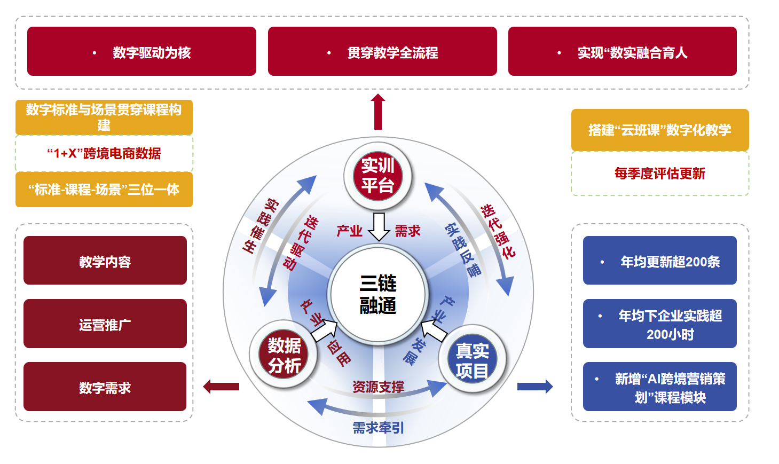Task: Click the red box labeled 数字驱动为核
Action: [x=141, y=51]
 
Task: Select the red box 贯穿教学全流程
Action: [x=382, y=51]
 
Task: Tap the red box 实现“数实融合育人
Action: [x=622, y=51]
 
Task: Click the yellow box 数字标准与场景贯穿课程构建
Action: [x=104, y=117]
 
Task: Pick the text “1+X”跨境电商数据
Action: [x=104, y=154]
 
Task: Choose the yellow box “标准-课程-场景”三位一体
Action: [x=104, y=190]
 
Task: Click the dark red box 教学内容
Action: [x=105, y=261]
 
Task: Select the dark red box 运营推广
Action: [x=105, y=324]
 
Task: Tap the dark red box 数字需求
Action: [x=105, y=387]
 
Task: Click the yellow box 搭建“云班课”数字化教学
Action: [x=660, y=130]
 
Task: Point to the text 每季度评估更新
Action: [x=660, y=174]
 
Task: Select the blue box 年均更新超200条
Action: [x=660, y=261]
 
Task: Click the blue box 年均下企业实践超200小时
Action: [x=660, y=324]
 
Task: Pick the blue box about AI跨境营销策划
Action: [x=660, y=387]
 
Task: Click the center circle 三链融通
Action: [x=378, y=294]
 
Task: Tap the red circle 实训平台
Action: [x=377, y=175]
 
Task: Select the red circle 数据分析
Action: [x=284, y=355]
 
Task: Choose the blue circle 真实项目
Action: [x=472, y=359]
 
